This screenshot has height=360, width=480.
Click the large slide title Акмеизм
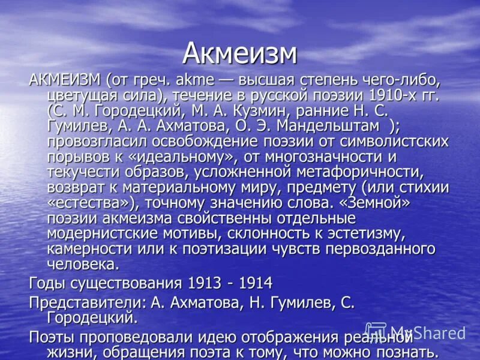coord(239,53)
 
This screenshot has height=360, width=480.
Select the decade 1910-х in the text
coord(391,95)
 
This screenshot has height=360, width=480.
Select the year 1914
coord(254,283)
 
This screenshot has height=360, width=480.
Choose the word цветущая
coord(82,95)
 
